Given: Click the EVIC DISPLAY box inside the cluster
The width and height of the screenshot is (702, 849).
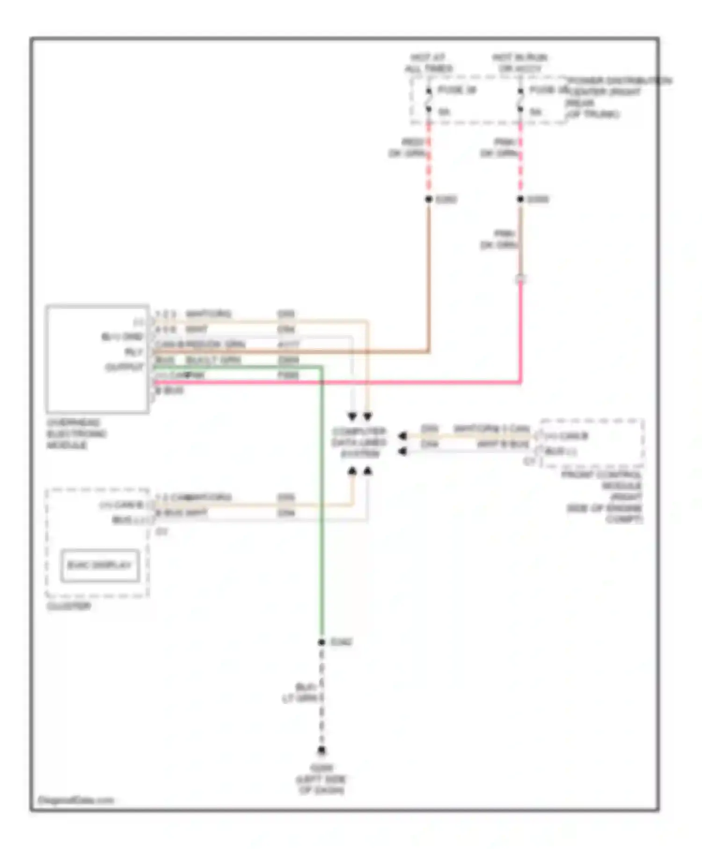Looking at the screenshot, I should click(x=100, y=565).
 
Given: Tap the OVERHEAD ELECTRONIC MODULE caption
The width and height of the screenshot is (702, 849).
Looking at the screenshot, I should click(x=76, y=434).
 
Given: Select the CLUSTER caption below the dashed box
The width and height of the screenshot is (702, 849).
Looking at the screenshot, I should click(x=68, y=606).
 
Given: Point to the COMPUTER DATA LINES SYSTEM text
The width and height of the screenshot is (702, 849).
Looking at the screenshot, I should click(x=359, y=442).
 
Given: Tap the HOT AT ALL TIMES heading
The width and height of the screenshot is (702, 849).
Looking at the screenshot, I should click(x=428, y=63).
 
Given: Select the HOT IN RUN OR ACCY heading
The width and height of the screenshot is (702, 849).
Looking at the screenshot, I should click(x=519, y=63).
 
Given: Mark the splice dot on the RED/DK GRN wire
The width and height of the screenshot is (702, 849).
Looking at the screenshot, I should click(x=428, y=199).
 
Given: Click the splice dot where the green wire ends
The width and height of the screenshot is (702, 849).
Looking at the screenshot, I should click(x=322, y=642).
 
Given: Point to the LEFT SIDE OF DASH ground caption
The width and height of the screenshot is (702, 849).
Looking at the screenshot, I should click(x=322, y=780).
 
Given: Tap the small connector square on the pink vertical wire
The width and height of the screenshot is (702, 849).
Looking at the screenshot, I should click(x=520, y=279).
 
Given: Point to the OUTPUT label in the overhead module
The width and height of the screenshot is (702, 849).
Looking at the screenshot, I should click(x=124, y=367).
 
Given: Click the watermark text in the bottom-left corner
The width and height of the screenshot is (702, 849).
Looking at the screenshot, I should click(x=75, y=800).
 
